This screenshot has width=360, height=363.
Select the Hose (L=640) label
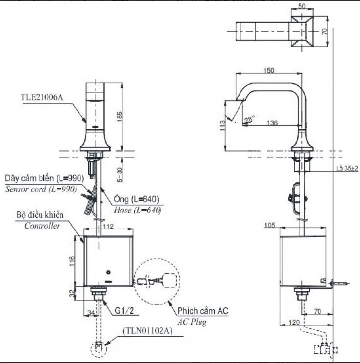[138, 210]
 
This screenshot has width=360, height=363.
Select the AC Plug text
[191, 322]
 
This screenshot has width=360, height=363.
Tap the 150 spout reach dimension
[268, 70]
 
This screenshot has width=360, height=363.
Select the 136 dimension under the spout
[272, 123]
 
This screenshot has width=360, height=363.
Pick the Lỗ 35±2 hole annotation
[347, 168]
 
